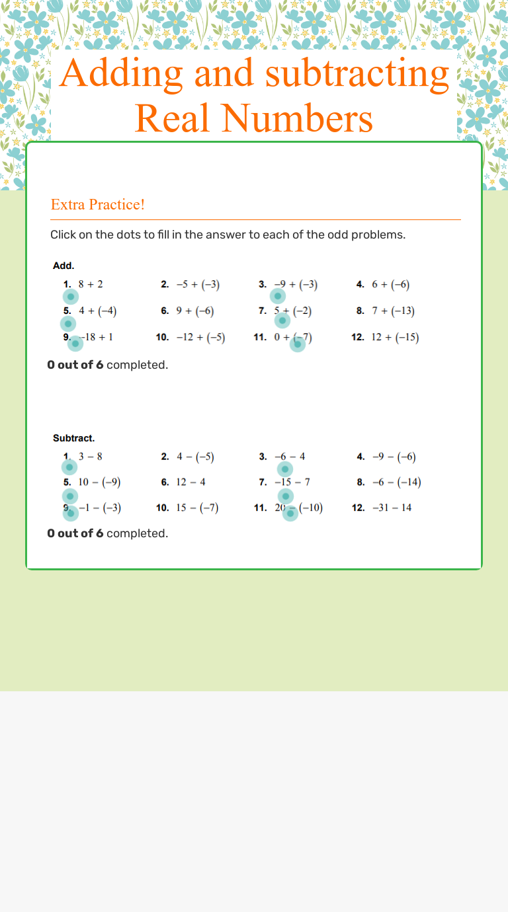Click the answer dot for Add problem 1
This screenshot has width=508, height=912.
pos(71,297)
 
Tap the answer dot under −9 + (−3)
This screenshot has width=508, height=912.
pos(278,296)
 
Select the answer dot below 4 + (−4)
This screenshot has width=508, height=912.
pos(68,324)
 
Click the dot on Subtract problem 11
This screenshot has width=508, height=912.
pos(290,513)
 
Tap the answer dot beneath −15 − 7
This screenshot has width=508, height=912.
pos(285,496)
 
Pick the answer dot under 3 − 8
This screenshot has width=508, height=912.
pos(69,468)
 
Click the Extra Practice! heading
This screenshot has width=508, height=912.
pos(98,205)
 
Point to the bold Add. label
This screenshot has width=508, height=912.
pos(63,266)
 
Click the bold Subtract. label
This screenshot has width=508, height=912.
pos(73,437)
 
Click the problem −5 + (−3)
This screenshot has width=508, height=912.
pos(198,285)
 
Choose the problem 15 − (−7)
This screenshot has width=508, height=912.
pos(197,508)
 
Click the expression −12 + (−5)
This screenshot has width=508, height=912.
pos(200,338)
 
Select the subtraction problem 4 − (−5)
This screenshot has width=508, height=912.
pos(195,457)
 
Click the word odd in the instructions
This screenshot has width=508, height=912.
pos(337,235)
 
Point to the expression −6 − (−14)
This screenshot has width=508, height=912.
pos(396,482)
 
